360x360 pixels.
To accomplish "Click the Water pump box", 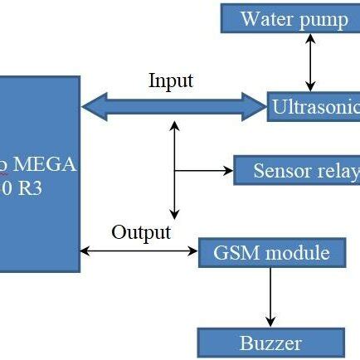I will pyautogui.click(x=291, y=19).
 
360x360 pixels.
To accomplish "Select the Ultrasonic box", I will pyautogui.click(x=314, y=107).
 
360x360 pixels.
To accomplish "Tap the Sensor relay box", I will pyautogui.click(x=297, y=171).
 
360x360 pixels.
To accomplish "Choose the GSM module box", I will pyautogui.click(x=271, y=252).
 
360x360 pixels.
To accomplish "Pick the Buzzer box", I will pyautogui.click(x=270, y=343).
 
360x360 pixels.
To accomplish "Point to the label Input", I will pyautogui.click(x=170, y=80).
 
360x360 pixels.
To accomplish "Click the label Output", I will pyautogui.click(x=141, y=231).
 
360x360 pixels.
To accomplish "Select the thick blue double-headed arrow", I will pyautogui.click(x=173, y=106).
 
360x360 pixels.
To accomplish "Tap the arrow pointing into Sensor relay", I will pyautogui.click(x=204, y=171).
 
